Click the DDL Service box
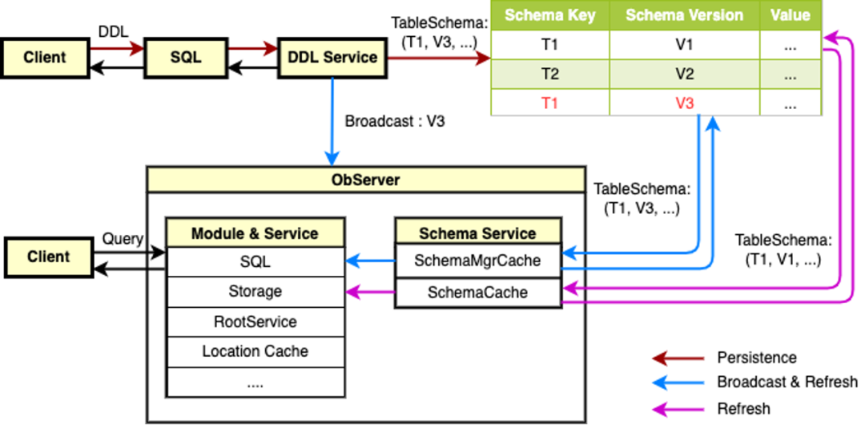pos(332,57)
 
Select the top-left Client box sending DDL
pos(44,57)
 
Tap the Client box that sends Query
pos(48,257)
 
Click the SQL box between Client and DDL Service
pos(185,57)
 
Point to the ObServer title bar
pos(365,180)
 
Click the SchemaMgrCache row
pos(477,261)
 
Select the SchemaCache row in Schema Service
pos(477,293)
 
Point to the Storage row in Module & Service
pos(255,291)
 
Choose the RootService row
pos(255,322)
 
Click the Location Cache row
pos(255,351)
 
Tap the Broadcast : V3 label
pos(394,122)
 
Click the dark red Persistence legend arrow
pos(678,358)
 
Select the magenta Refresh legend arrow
pos(678,409)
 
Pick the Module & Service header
pos(255,233)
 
